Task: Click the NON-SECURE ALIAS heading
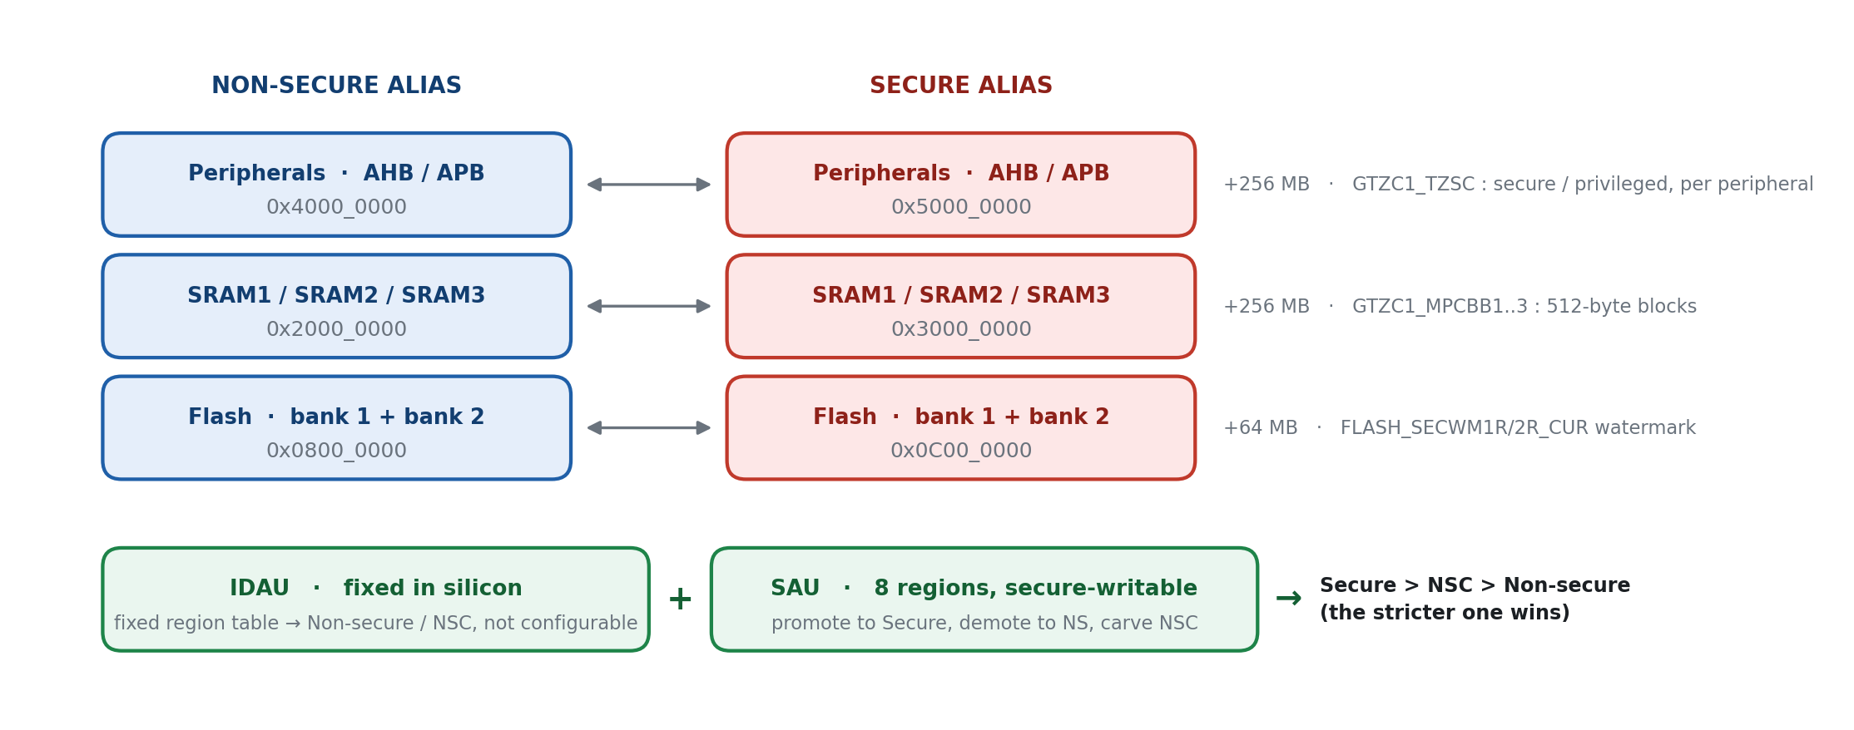(336, 86)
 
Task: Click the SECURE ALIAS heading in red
(961, 86)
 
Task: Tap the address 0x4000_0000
(336, 207)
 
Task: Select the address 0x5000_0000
(961, 207)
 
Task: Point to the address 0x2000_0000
(336, 329)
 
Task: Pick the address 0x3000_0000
(961, 329)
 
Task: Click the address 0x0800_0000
(336, 451)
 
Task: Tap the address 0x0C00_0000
(961, 451)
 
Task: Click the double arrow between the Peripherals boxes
(649, 185)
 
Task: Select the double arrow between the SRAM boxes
(649, 306)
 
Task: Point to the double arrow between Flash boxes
(649, 428)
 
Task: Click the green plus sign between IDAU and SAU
(680, 599)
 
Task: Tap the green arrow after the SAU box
(1288, 599)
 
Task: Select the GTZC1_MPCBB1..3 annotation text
(1524, 307)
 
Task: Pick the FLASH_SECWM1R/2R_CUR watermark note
(1518, 428)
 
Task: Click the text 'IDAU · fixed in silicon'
(376, 589)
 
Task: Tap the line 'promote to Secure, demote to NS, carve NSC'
(984, 624)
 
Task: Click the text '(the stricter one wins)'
(1445, 614)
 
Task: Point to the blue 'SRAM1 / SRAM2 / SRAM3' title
(336, 296)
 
